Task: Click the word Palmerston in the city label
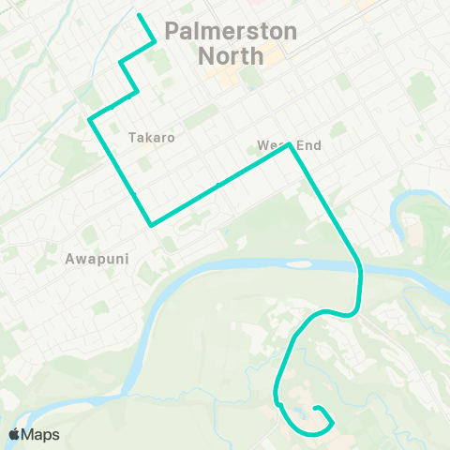click(231, 31)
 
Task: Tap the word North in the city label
click(231, 55)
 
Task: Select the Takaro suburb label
click(151, 137)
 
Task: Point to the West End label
click(289, 145)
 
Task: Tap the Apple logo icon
click(16, 434)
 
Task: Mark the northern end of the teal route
click(139, 15)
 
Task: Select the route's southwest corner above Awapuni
click(150, 225)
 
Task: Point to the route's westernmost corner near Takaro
click(90, 119)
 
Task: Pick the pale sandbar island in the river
click(298, 263)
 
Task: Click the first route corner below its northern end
click(154, 40)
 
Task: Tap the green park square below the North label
click(249, 76)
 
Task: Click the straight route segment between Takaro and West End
click(220, 185)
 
